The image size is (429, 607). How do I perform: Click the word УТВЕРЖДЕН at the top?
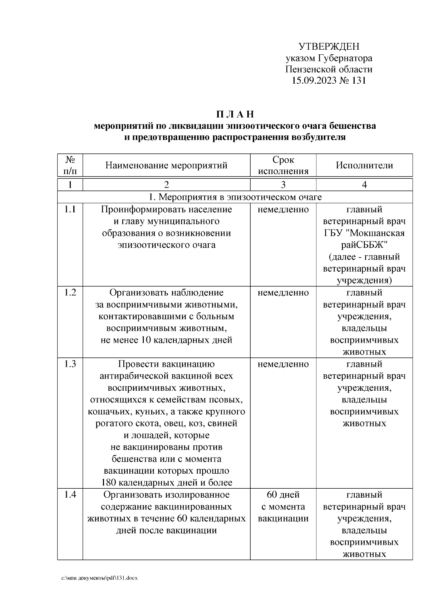329,46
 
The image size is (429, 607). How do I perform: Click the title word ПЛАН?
235,114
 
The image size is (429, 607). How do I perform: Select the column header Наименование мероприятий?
166,166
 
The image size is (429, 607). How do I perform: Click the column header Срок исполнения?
283,166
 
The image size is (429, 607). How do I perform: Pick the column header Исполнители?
364,166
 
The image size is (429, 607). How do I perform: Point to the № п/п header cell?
70,166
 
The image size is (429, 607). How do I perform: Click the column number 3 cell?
283,185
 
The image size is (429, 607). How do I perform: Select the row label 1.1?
70,209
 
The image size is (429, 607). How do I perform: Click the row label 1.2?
70,293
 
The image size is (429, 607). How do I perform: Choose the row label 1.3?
70,364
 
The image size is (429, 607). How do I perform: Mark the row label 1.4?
70,495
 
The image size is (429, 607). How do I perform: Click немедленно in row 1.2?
283,293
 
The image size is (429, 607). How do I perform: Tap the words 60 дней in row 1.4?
283,495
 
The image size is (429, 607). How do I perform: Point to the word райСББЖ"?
364,245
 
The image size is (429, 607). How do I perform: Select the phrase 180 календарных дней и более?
166,483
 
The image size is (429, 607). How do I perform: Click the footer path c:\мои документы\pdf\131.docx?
100,578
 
